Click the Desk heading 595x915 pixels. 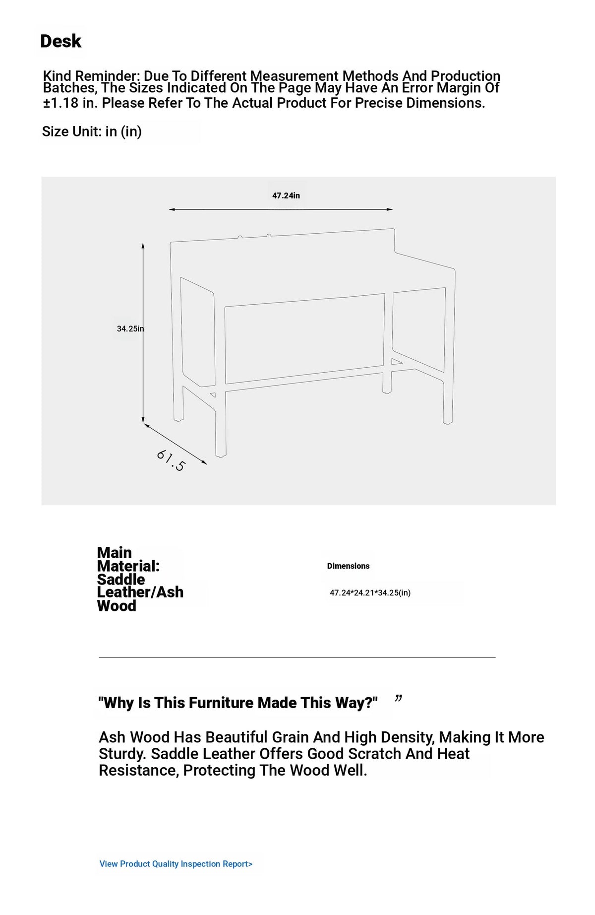pos(60,41)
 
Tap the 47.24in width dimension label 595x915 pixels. pos(286,196)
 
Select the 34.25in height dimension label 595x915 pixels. pos(130,328)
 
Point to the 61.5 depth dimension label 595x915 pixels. pos(171,460)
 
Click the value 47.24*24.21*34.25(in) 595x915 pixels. pos(370,592)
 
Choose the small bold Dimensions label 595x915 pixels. pos(348,566)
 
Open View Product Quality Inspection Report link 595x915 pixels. pos(176,864)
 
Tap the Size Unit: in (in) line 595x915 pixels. pos(92,131)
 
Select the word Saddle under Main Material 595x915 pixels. pos(121,579)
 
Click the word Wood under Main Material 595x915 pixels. pos(117,606)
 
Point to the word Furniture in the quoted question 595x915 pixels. pos(204,703)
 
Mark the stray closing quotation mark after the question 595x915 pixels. pos(398,699)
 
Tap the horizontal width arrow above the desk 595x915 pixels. pos(281,209)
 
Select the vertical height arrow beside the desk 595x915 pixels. pos(143,332)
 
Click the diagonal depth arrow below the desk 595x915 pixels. pos(175,444)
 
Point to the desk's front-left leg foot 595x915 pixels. pos(221,454)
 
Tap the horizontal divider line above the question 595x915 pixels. pos(297,657)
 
